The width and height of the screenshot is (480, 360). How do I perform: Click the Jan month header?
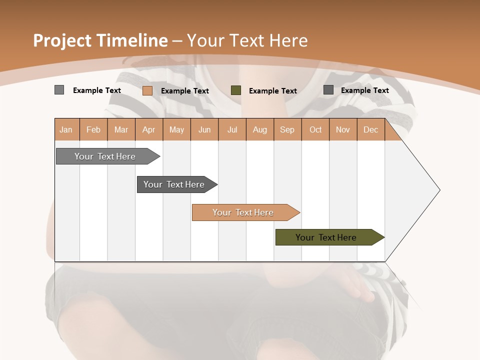[x=66, y=129]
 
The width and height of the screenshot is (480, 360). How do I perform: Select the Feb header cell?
[x=93, y=129]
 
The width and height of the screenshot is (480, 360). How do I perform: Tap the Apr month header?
[x=149, y=129]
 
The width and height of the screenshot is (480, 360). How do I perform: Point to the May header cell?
[x=176, y=129]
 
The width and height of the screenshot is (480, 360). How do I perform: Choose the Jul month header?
[x=232, y=129]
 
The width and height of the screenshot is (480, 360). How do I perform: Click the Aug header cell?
[x=260, y=129]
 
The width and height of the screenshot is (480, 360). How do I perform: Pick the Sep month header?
[x=287, y=129]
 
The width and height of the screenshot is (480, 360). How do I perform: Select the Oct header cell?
[x=315, y=129]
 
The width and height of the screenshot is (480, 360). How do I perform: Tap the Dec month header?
[x=371, y=129]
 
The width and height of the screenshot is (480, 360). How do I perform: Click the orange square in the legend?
[x=147, y=90]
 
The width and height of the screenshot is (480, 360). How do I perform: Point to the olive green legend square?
[x=236, y=90]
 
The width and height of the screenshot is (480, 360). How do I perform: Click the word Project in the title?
[x=62, y=40]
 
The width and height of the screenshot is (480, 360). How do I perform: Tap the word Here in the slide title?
[x=288, y=40]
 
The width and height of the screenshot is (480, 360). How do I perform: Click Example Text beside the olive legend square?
[x=273, y=90]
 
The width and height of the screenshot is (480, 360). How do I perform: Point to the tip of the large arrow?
[x=439, y=190]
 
